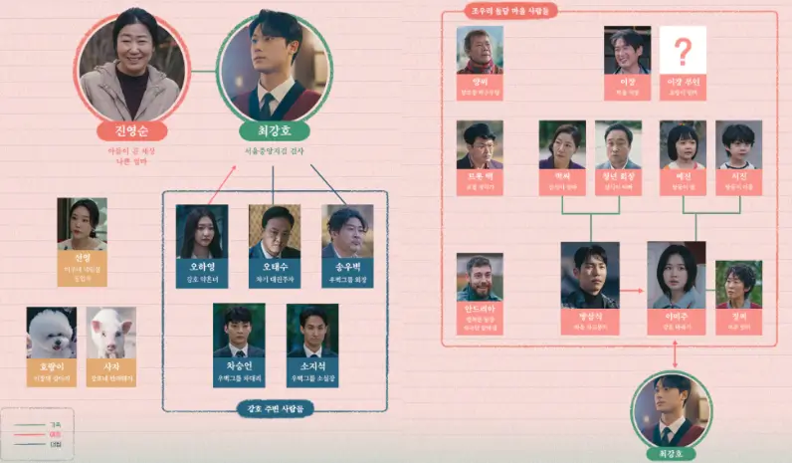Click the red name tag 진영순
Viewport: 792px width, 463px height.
tap(131, 130)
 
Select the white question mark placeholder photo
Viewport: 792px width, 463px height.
tap(683, 50)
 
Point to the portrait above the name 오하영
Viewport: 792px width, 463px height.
tap(202, 231)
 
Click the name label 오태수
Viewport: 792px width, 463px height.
tap(275, 267)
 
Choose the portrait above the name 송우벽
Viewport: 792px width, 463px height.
tap(347, 231)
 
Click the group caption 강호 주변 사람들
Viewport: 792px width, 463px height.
tap(276, 408)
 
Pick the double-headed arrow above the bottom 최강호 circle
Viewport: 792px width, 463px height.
tap(677, 356)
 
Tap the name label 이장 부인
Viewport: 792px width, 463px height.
tap(683, 85)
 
